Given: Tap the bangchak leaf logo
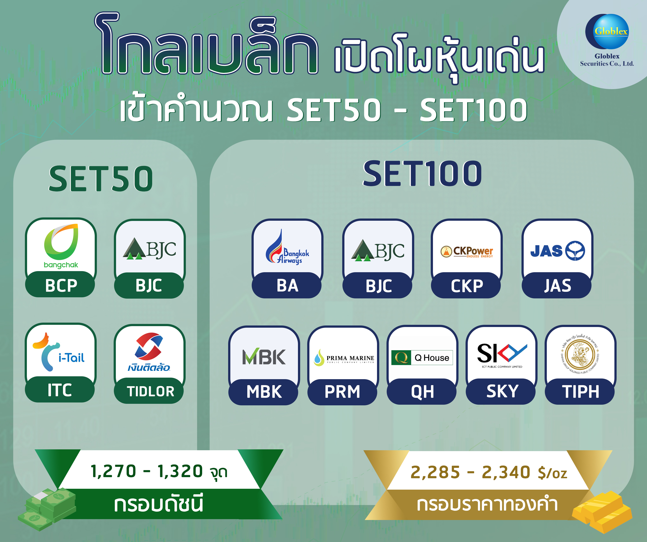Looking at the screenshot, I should (61, 242).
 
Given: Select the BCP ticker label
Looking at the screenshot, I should (61, 285).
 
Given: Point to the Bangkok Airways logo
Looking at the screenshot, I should (287, 248).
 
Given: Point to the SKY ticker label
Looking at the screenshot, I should (502, 392).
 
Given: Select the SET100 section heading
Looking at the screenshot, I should (422, 174).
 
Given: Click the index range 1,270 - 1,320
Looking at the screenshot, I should (159, 471).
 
